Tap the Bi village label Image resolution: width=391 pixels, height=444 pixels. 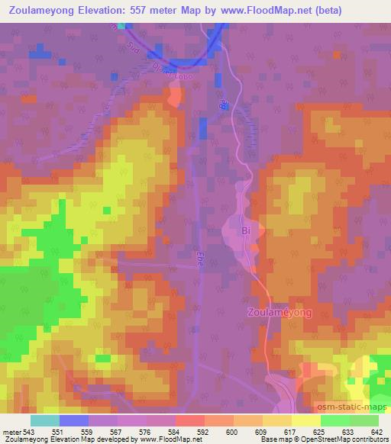pos(246,228)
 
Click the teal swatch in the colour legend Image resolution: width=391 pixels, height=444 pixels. pos(44,420)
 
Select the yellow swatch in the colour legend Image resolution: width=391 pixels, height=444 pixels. pos(305,420)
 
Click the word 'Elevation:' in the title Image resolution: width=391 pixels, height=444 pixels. pos(104,10)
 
